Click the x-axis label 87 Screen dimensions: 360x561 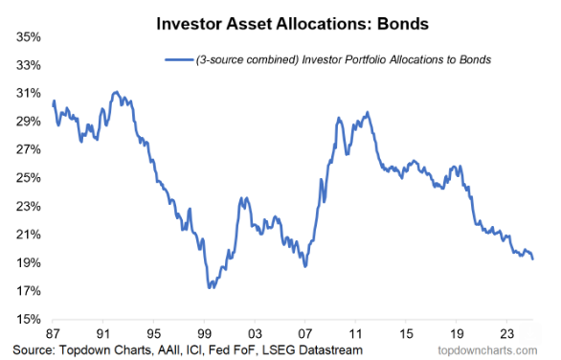pos(54,334)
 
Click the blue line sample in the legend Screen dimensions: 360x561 pos(179,60)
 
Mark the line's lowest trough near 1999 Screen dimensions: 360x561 pos(210,287)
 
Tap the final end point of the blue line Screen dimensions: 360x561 pos(533,259)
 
